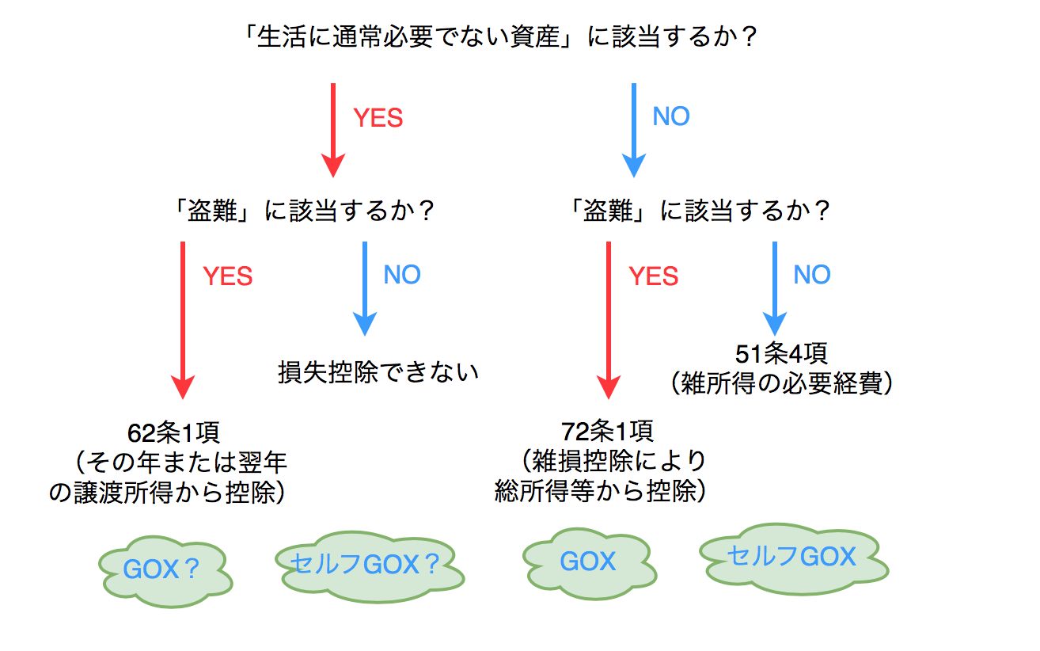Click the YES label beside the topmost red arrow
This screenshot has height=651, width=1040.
click(378, 118)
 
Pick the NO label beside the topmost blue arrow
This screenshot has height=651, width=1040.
click(671, 116)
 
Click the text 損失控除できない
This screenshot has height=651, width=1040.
click(378, 371)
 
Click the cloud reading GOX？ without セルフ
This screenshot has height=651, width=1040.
click(165, 570)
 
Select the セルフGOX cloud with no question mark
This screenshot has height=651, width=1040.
click(792, 556)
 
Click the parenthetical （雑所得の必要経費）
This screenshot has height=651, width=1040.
click(781, 384)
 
